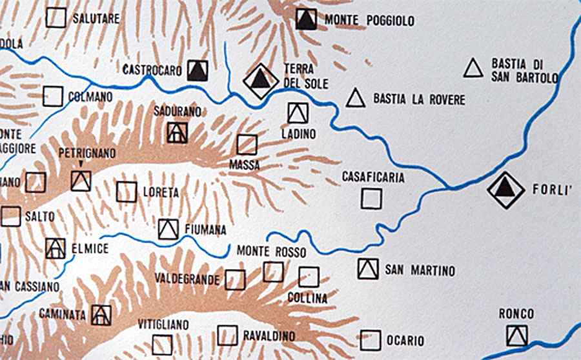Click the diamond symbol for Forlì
505,190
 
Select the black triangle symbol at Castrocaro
198,70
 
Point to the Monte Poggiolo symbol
306,19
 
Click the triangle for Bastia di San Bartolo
473,68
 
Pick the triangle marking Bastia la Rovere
355,98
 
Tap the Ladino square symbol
298,112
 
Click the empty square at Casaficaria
371,198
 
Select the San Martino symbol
368,268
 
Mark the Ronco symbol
516,335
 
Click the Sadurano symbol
177,132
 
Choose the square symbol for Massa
247,145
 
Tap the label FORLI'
550,190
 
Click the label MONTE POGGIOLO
369,21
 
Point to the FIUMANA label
206,229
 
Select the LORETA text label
161,192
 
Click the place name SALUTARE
96,19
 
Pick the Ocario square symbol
371,340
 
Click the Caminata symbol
101,315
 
